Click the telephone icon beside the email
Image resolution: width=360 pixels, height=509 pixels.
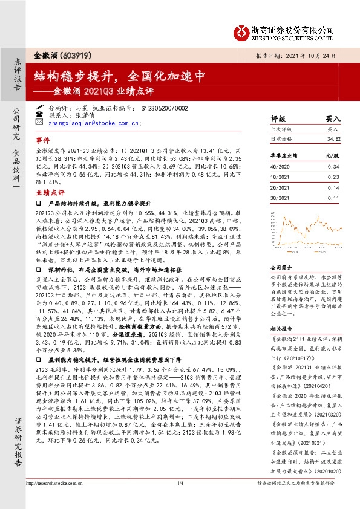pos(40,114)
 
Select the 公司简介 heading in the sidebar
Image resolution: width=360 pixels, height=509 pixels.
pos(281,266)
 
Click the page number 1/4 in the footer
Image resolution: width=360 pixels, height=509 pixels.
pos(180,483)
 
